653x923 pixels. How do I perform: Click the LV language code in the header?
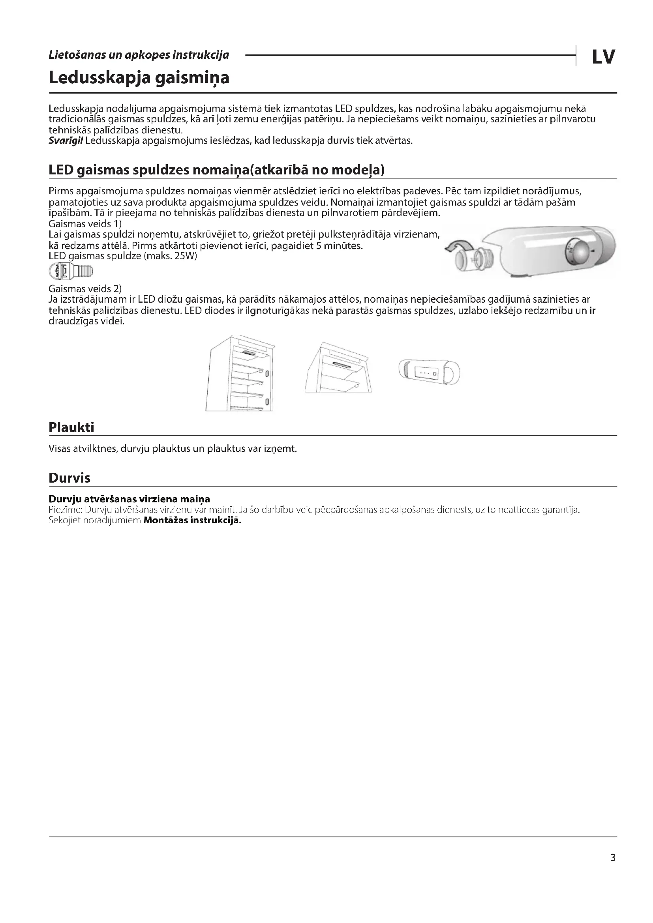coord(603,57)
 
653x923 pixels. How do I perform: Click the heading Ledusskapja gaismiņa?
coord(139,78)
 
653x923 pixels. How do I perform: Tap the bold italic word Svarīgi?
coord(66,141)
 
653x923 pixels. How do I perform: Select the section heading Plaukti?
coord(71,427)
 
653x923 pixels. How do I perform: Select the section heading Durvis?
coord(69,478)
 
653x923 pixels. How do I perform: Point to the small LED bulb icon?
coord(71,271)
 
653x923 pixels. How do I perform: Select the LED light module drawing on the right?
coord(429,372)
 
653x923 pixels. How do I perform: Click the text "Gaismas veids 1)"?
coord(85,224)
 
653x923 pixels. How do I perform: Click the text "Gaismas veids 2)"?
coord(85,288)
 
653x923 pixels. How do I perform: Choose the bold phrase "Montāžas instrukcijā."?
coord(192,520)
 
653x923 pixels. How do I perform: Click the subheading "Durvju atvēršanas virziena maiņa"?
coord(129,499)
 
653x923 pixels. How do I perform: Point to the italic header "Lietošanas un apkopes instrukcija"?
coord(139,55)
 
